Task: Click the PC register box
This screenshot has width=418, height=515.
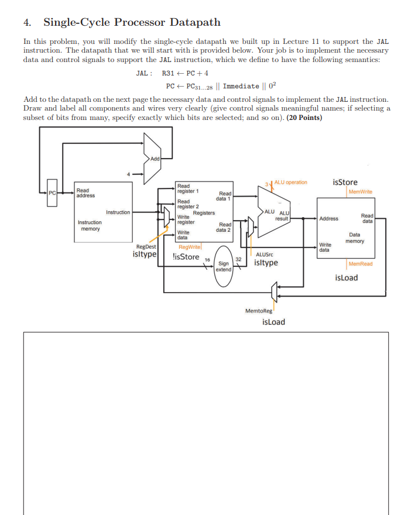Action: tap(52, 192)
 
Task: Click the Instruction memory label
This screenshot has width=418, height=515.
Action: tap(90, 225)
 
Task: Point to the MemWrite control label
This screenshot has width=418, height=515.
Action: tap(360, 191)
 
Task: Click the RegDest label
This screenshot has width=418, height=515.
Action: tap(146, 247)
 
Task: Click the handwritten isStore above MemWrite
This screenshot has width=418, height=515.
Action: tap(345, 182)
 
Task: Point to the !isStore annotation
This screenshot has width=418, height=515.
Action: tap(187, 256)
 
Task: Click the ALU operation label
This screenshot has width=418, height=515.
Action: tap(291, 182)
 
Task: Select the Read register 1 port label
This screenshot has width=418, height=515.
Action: tap(188, 188)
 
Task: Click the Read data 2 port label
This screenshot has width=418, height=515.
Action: tap(224, 227)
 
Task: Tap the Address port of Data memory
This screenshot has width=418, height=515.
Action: tap(329, 218)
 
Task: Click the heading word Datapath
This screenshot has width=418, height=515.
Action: tap(195, 23)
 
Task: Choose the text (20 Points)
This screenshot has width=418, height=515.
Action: tap(304, 117)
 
